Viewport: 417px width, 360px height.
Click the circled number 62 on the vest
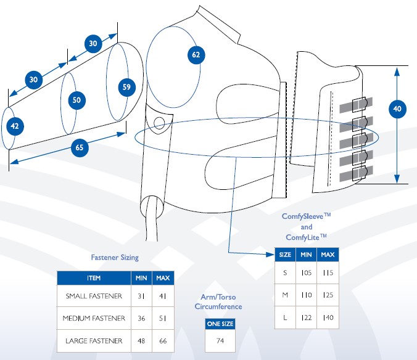(196, 55)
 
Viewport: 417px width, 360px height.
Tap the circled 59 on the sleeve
(126, 87)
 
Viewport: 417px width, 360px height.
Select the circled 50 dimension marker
(76, 100)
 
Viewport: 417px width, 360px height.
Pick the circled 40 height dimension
(397, 109)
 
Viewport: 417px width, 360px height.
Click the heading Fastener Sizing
(115, 257)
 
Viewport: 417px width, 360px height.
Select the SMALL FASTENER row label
(94, 296)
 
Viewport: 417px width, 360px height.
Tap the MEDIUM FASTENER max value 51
(163, 318)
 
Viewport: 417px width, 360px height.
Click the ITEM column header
(94, 278)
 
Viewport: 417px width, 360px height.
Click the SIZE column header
(285, 254)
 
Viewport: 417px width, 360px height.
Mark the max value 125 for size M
(328, 295)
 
